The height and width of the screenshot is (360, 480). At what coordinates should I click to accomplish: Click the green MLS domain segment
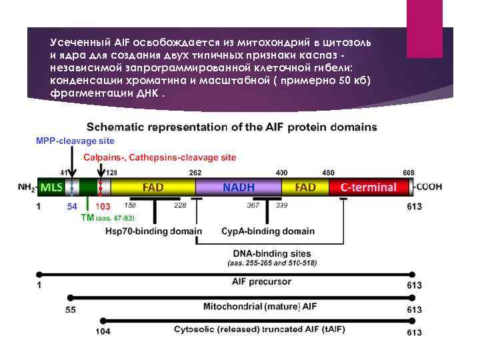(50, 187)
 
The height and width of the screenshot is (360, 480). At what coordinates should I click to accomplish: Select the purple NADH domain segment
(238, 187)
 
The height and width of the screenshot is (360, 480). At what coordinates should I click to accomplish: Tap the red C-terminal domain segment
(368, 187)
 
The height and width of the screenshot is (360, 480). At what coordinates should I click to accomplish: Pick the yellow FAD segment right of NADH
(305, 187)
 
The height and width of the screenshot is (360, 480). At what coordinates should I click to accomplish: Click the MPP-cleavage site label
(75, 141)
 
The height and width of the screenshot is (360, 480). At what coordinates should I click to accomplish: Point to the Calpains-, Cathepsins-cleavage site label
(159, 157)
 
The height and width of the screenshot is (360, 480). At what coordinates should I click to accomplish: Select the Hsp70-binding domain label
(153, 231)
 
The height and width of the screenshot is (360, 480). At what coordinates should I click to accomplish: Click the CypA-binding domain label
(268, 231)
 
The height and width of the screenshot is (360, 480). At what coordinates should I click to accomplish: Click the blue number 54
(73, 207)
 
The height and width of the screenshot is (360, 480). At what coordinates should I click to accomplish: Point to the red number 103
(103, 207)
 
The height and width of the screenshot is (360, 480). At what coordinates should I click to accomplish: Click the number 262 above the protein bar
(195, 172)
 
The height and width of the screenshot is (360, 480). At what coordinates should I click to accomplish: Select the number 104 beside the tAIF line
(103, 331)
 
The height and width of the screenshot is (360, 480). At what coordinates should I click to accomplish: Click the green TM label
(87, 217)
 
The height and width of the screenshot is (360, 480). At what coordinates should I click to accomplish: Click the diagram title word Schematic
(121, 127)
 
